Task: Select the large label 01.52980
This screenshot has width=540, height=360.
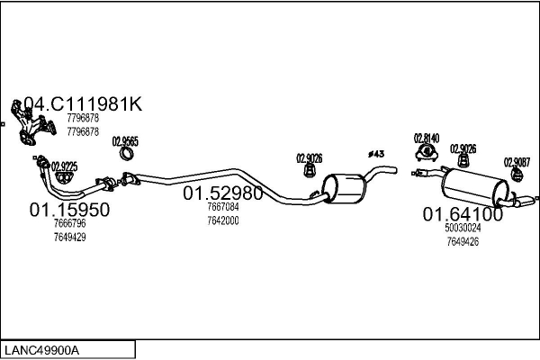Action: click(223, 193)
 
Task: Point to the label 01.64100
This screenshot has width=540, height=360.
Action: click(463, 214)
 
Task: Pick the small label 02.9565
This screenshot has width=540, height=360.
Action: click(125, 141)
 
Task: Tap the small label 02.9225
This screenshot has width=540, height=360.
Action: click(65, 166)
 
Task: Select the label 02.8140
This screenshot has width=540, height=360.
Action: click(426, 138)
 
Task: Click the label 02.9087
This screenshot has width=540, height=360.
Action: click(516, 162)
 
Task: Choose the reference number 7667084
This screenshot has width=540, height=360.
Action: click(223, 207)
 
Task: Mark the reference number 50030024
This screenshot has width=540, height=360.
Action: click(463, 229)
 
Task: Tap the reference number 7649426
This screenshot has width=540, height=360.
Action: click(463, 241)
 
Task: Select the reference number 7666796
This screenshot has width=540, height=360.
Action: click(69, 223)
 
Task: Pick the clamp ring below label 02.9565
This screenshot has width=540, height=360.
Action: click(128, 157)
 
